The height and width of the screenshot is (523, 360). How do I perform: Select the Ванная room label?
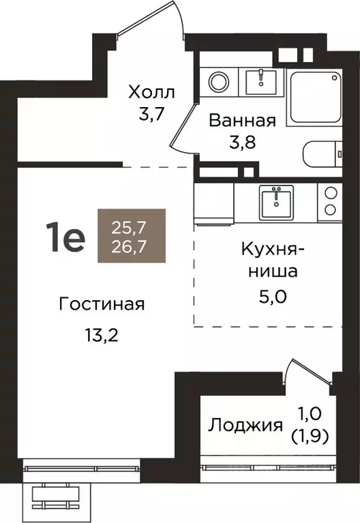tap(242, 121)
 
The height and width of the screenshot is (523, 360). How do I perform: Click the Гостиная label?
tap(102, 304)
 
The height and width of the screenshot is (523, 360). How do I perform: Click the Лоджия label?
tap(245, 425)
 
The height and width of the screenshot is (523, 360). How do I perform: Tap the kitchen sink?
tap(275, 200)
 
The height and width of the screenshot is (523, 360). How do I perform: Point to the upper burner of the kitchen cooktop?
tap(331, 192)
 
